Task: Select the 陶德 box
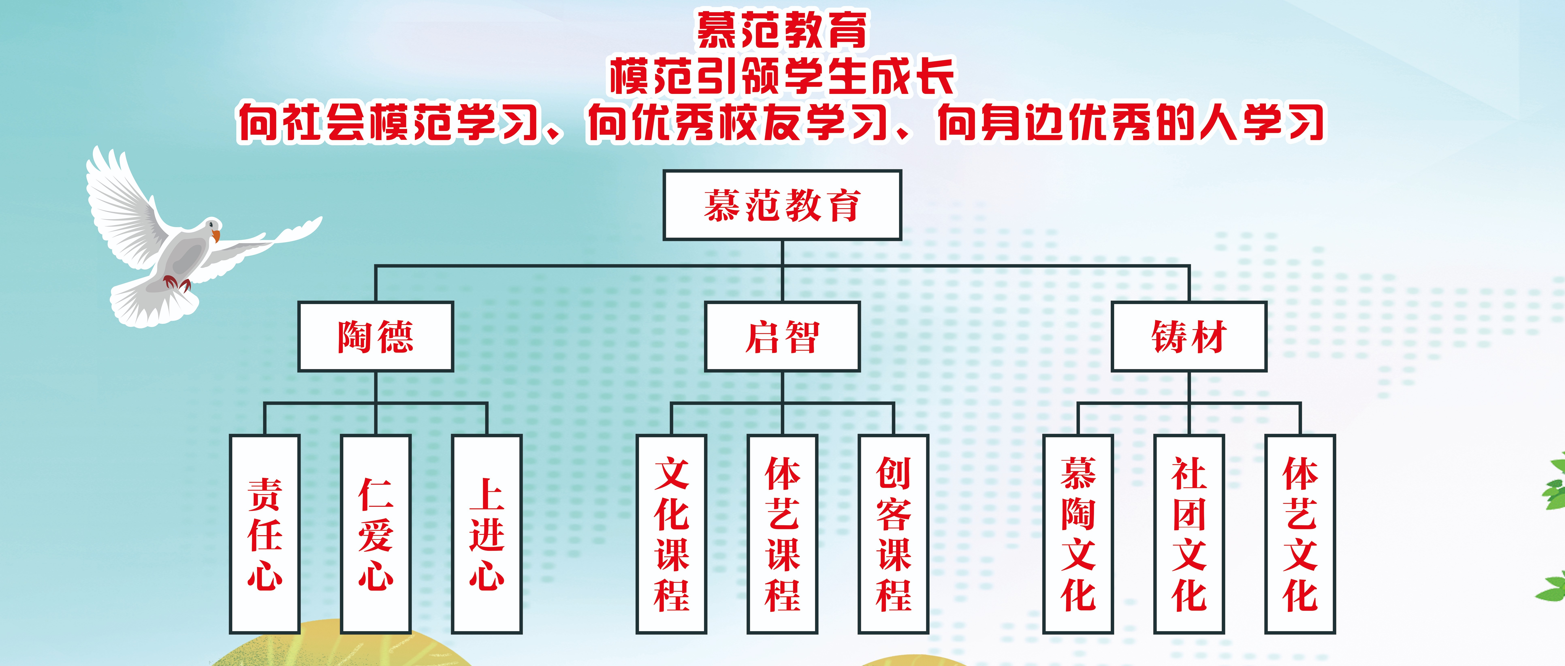click(x=376, y=336)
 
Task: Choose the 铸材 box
click(x=1189, y=336)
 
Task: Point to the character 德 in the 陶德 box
click(x=396, y=337)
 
